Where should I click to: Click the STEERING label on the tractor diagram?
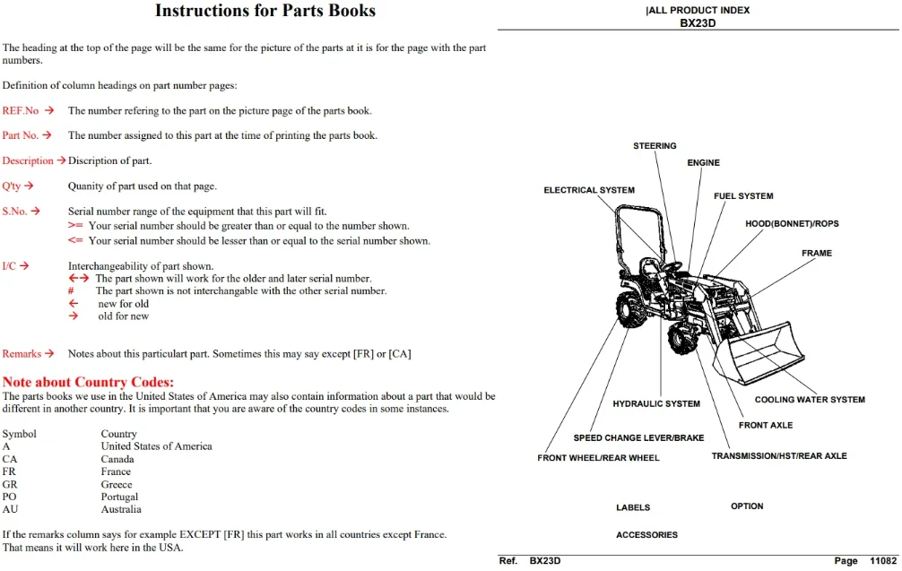(x=655, y=146)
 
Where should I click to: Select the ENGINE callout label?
(x=703, y=163)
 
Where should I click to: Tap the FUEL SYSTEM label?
(x=743, y=196)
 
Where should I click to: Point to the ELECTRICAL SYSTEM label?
(x=589, y=190)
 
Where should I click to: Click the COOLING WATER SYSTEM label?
(x=810, y=400)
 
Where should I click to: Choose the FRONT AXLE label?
(x=766, y=426)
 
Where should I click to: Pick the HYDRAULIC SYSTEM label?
(x=656, y=404)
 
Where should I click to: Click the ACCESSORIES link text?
(x=646, y=535)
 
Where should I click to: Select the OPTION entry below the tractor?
(x=747, y=506)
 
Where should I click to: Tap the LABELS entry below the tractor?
(x=633, y=507)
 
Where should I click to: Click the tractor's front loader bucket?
(x=759, y=354)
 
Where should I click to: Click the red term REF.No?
(x=21, y=110)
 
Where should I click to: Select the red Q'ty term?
(x=12, y=186)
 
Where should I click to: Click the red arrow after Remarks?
(x=49, y=354)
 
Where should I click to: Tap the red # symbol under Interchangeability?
(x=71, y=291)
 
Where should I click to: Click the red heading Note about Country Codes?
(x=88, y=382)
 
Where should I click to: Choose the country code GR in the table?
(x=10, y=484)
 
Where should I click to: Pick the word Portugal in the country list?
(x=119, y=497)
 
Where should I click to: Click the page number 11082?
(x=883, y=560)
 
